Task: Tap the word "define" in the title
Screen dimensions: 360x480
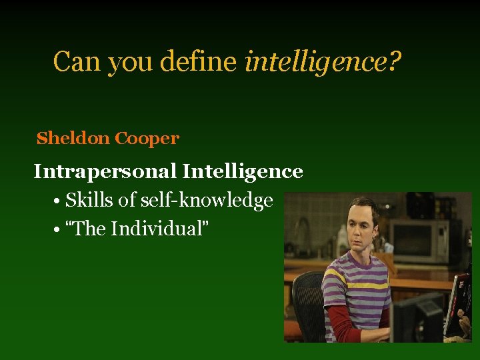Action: (x=205, y=62)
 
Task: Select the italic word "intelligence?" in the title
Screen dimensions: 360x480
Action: (x=323, y=63)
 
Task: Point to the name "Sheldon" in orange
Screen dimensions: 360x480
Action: (x=74, y=139)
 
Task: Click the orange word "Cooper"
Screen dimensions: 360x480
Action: (x=147, y=139)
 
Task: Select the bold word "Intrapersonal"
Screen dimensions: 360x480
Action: (x=105, y=172)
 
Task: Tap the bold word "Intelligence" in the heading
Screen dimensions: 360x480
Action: (x=243, y=172)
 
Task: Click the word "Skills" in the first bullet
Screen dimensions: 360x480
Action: (x=89, y=200)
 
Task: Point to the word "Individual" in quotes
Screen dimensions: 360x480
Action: (x=158, y=229)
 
